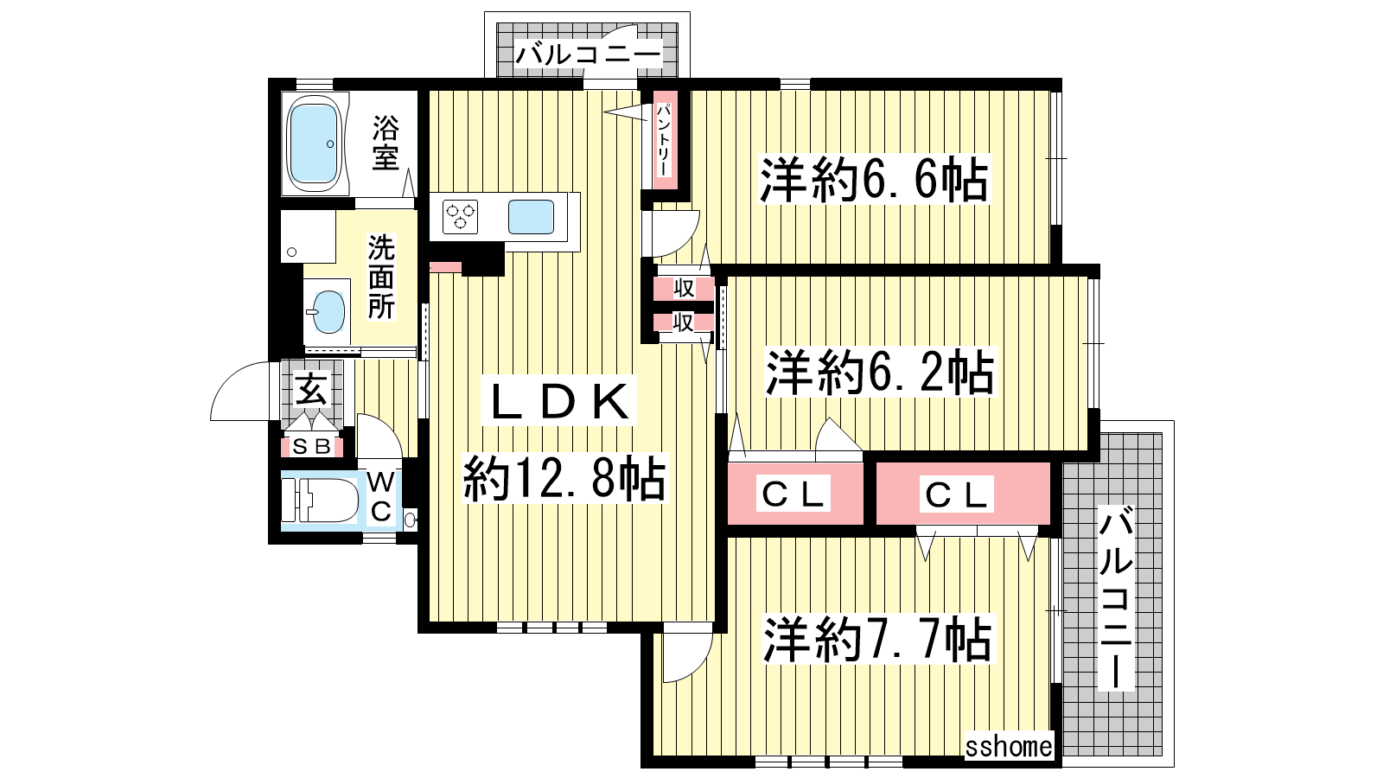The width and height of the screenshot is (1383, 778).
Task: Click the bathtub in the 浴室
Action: point(315,143)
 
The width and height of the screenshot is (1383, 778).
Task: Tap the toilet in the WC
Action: point(321,501)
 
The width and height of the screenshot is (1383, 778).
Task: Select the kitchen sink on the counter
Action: point(531,217)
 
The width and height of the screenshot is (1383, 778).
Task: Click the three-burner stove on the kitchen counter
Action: point(461,217)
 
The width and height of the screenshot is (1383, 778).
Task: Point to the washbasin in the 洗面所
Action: point(328,311)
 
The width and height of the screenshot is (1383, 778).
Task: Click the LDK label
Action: point(559,402)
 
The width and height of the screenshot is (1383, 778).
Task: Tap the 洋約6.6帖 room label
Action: point(874,178)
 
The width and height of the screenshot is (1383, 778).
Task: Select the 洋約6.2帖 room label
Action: point(880,373)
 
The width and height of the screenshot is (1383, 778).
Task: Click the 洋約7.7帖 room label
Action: point(877,639)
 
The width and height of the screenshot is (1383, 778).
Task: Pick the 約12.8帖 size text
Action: point(564,479)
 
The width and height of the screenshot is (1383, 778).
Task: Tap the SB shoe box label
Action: point(311,446)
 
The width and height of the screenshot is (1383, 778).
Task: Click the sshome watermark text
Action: point(1009,747)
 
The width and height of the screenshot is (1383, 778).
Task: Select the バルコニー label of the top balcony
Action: point(588,54)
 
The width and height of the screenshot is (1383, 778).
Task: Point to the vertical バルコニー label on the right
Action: point(1116,597)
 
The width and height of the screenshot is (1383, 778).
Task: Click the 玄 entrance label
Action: point(311,389)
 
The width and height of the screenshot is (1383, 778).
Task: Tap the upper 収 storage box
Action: point(684,288)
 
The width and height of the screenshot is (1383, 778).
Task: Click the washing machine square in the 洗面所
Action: point(308,237)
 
